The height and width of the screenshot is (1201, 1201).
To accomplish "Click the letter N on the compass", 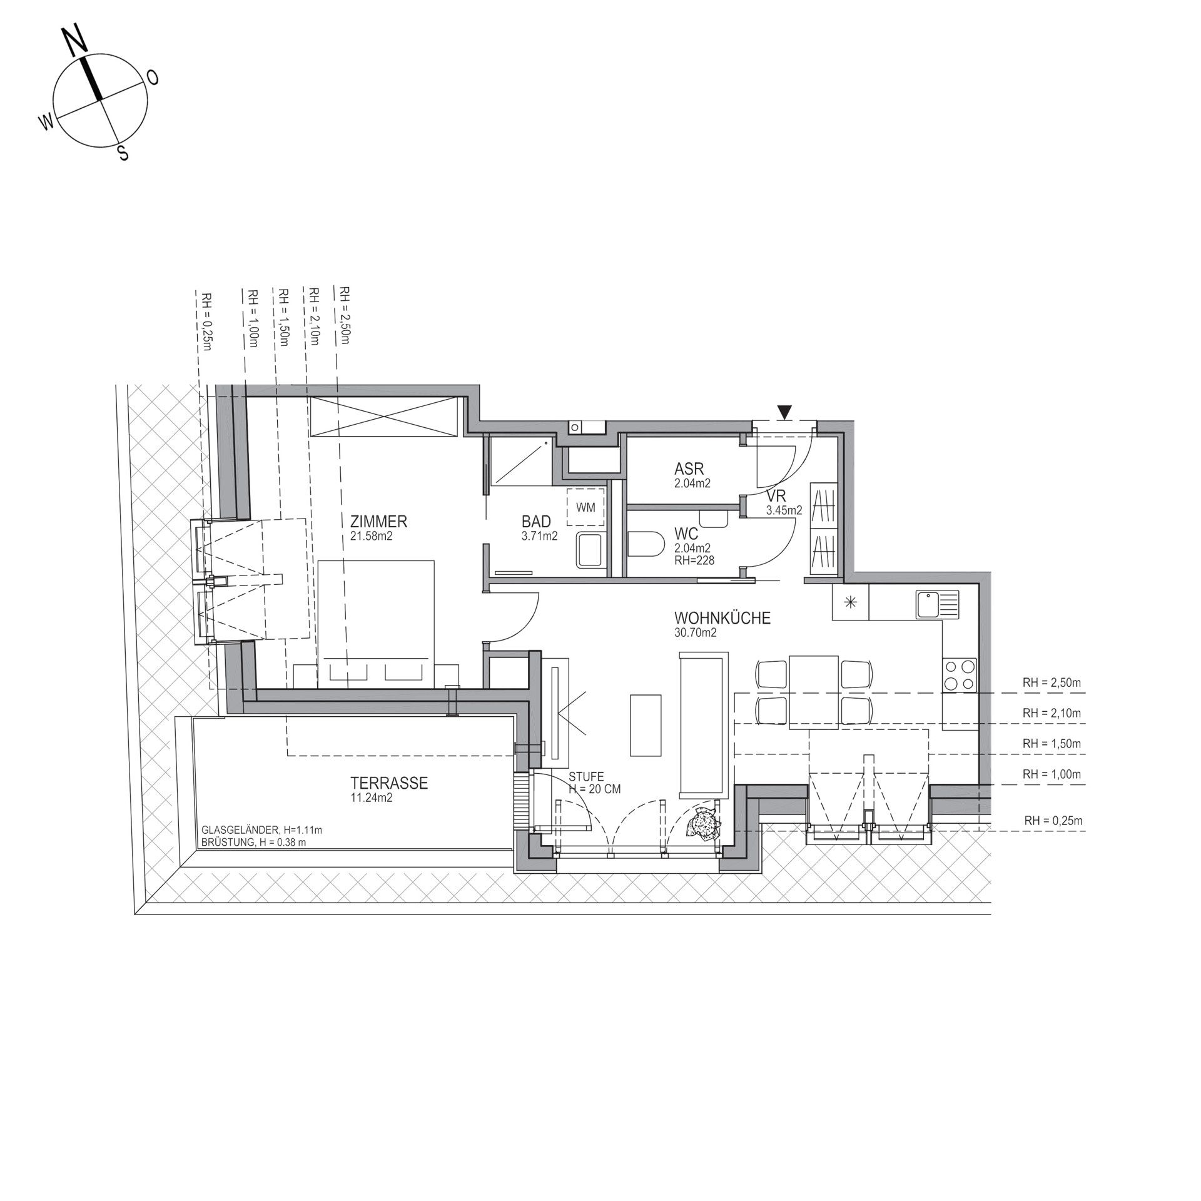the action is click(x=76, y=43).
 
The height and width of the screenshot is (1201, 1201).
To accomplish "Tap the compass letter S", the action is click(x=123, y=152).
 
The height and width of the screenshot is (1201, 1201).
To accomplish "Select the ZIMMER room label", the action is click(x=379, y=521).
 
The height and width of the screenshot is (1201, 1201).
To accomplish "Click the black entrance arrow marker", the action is click(x=785, y=412).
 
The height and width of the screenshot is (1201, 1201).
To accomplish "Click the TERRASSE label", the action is click(x=389, y=783).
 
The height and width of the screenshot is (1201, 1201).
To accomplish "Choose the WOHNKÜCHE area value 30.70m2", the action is click(x=692, y=632).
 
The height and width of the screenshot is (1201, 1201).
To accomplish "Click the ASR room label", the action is click(x=689, y=469).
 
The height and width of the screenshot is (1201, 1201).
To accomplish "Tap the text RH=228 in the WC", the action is click(x=694, y=560).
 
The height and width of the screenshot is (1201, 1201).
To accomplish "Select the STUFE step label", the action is click(x=587, y=777).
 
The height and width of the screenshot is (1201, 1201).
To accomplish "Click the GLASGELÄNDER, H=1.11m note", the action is click(x=261, y=830).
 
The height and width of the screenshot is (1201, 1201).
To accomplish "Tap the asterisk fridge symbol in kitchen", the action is click(x=850, y=603).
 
